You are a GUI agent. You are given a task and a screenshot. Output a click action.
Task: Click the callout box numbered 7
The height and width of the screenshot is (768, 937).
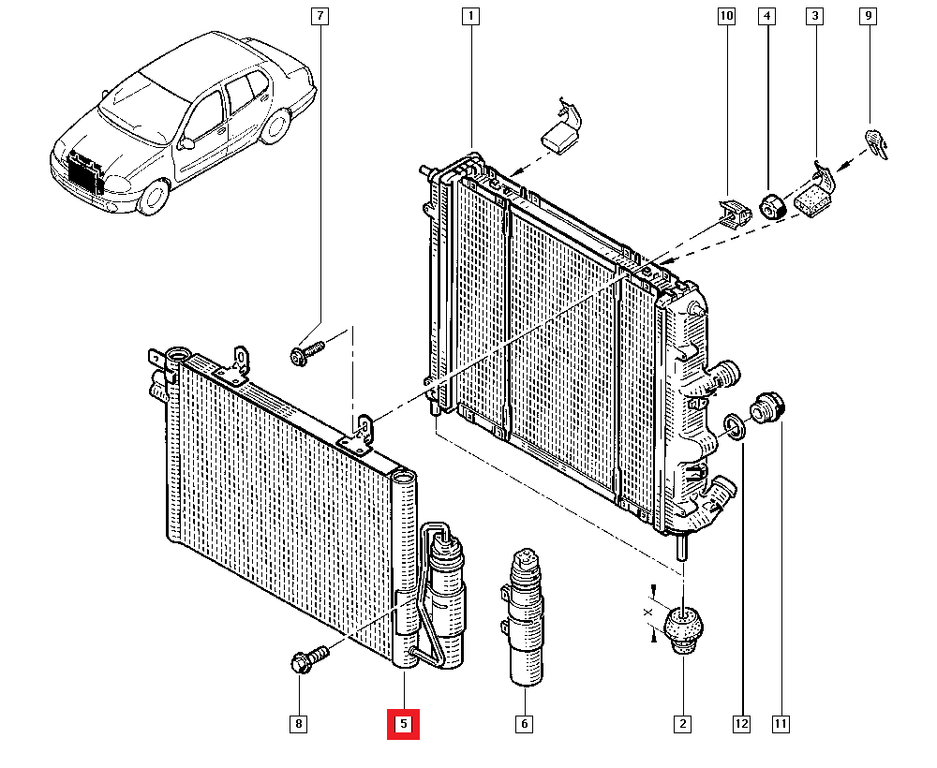(x=320, y=16)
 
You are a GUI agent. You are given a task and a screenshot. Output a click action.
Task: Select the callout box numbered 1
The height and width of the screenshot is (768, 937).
(x=471, y=16)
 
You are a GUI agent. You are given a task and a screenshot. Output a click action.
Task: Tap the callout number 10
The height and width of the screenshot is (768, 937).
(x=727, y=16)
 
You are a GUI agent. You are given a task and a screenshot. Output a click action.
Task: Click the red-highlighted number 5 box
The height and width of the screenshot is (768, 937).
(x=403, y=724)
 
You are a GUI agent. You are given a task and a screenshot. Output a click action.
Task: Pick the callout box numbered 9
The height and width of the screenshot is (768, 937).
(x=869, y=16)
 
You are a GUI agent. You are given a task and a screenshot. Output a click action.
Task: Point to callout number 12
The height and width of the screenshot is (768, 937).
(x=741, y=724)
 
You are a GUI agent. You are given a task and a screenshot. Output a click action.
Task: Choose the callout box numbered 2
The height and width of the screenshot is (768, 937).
(x=682, y=724)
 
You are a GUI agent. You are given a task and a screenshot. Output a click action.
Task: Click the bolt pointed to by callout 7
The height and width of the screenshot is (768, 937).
(x=306, y=352)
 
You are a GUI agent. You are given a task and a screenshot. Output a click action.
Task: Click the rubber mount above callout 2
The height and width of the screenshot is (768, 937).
(x=684, y=629)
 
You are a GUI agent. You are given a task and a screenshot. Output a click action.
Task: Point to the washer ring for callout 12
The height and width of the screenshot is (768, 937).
(x=734, y=426)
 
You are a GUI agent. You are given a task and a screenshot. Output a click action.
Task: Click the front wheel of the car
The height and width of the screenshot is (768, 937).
(x=155, y=197)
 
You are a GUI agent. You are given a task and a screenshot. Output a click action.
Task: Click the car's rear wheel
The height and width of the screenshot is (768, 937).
(x=275, y=126)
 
